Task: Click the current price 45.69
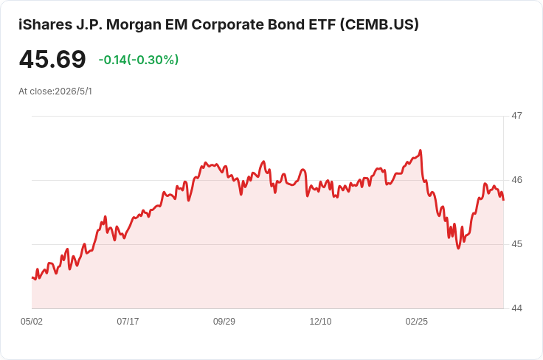(x=52, y=59)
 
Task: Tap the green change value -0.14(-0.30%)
(x=139, y=60)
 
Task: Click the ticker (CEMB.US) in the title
(x=379, y=24)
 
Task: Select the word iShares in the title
(x=41, y=24)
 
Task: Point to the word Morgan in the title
(x=129, y=24)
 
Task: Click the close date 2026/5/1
(x=74, y=91)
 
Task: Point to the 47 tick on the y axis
(x=516, y=116)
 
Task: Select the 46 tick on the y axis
(x=516, y=180)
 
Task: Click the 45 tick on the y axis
(x=516, y=244)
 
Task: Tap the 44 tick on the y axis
(x=516, y=308)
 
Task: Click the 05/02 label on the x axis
(x=32, y=322)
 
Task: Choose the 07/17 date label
(x=128, y=322)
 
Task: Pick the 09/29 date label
(x=224, y=322)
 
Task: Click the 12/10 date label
(x=320, y=322)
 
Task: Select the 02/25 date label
(x=417, y=322)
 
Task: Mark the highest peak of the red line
(x=421, y=150)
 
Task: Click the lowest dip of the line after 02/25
(x=459, y=248)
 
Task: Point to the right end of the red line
(x=503, y=200)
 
